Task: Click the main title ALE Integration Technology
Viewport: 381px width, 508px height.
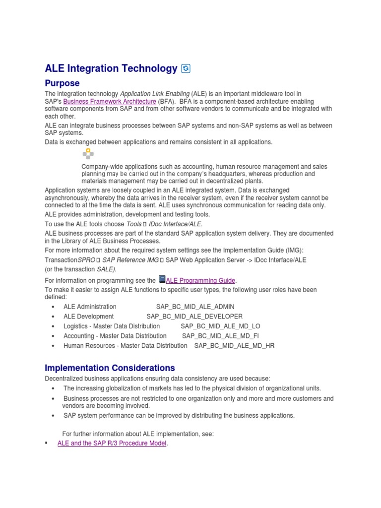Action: [111, 68]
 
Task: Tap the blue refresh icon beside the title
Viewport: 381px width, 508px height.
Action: [186, 69]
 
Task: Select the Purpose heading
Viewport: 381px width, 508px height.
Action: [62, 83]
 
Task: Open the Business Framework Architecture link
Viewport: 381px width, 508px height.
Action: [110, 101]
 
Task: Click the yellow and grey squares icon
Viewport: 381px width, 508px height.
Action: [88, 154]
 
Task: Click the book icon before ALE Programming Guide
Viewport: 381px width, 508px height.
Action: [161, 279]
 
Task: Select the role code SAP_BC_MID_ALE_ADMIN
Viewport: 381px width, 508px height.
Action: [195, 307]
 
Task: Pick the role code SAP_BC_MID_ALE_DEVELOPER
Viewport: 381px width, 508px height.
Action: [194, 316]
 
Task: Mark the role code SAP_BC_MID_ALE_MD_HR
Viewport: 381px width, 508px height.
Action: [234, 345]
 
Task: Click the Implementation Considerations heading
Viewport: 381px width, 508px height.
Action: [110, 368]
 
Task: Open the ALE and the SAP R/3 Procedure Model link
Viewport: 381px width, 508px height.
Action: [112, 443]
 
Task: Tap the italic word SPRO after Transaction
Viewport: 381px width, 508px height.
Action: [86, 260]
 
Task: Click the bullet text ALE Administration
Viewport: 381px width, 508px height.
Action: [90, 307]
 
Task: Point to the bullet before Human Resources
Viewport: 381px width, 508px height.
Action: [53, 346]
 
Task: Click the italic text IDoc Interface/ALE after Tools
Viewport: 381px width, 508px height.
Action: [175, 224]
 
